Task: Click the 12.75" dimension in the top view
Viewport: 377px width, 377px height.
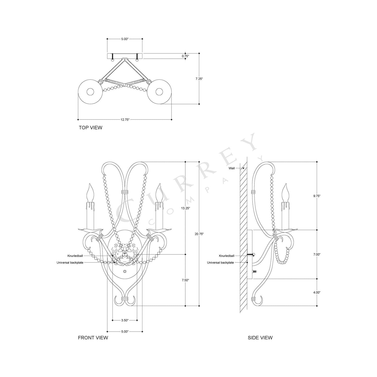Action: [x=125, y=120]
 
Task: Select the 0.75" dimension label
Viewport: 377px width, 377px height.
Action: [x=185, y=56]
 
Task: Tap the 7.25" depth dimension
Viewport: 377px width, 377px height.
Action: [x=199, y=79]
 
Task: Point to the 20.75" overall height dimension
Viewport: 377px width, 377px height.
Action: [x=199, y=234]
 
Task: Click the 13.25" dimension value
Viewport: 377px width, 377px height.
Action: [x=185, y=208]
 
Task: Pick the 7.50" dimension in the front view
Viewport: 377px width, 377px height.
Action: [x=185, y=280]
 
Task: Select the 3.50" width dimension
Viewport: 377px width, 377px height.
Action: [x=125, y=320]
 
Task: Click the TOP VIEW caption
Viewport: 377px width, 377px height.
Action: [x=91, y=128]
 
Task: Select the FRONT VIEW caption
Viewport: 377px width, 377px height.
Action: [x=93, y=338]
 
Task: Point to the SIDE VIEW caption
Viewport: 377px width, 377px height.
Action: [x=260, y=338]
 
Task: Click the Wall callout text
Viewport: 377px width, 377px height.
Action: [x=232, y=168]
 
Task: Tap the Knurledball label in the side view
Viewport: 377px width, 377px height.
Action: [x=226, y=256]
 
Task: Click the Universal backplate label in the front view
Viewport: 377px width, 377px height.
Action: [x=70, y=263]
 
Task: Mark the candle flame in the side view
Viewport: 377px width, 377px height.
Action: [x=285, y=193]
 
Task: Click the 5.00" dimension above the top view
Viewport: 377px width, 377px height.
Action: [x=125, y=39]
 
